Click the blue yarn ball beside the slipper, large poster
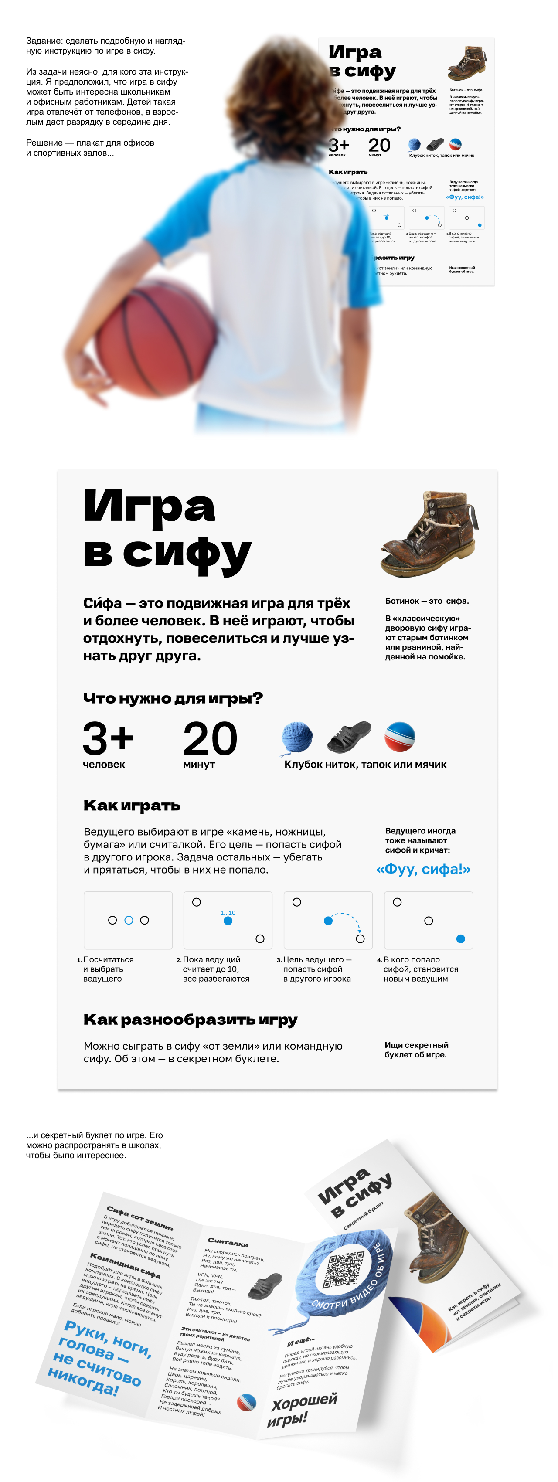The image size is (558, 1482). coord(297,738)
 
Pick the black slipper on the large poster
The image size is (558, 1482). coord(349,737)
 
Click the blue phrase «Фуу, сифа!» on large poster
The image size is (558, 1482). coord(423,869)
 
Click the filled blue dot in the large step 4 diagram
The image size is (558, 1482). coord(460,939)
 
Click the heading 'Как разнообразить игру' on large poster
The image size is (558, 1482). coord(191,1020)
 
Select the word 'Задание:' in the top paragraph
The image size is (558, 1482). coord(44,41)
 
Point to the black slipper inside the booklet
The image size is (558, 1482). coord(265,1286)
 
